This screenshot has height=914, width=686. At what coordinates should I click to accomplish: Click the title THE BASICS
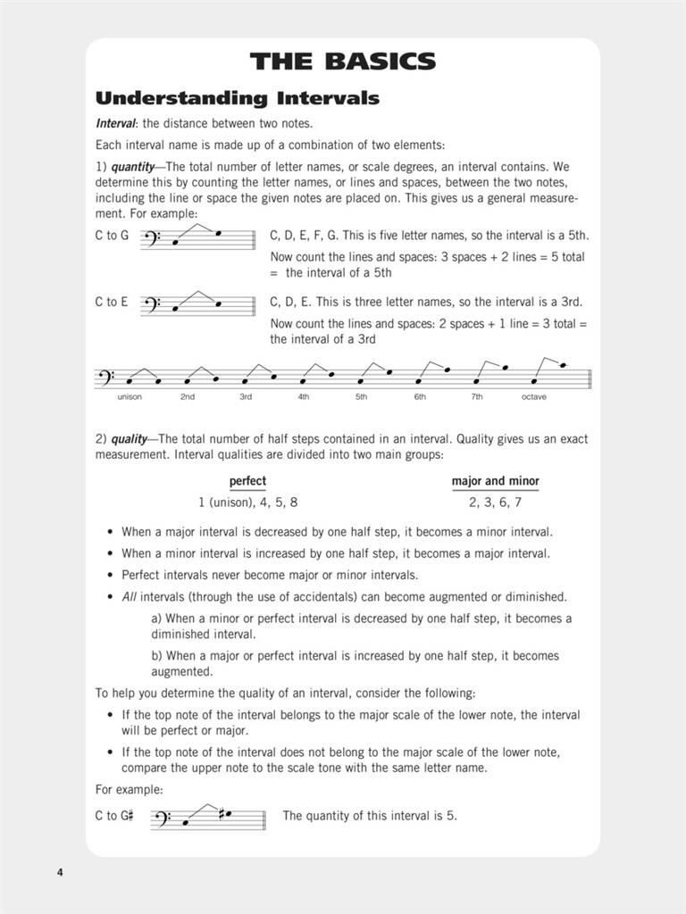[343, 62]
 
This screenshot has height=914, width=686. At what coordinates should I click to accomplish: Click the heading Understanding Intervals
[237, 98]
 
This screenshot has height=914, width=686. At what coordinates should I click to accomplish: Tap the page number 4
[60, 871]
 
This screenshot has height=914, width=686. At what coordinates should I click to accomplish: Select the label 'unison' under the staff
[130, 396]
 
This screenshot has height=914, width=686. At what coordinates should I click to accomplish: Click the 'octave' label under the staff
[534, 396]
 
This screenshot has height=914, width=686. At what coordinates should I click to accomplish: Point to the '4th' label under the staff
[304, 396]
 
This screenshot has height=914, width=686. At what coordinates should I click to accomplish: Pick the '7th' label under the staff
[477, 396]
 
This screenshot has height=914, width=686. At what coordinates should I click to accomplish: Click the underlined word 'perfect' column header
[247, 481]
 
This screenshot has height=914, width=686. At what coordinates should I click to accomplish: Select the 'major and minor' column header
[495, 481]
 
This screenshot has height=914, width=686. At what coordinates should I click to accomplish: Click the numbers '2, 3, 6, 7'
[495, 503]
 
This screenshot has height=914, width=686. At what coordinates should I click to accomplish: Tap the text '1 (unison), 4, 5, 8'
[247, 503]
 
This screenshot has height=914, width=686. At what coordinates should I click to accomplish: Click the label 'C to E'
[112, 302]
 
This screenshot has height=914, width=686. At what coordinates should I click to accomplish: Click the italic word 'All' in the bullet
[130, 596]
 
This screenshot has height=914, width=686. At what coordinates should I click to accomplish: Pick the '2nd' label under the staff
[188, 396]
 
